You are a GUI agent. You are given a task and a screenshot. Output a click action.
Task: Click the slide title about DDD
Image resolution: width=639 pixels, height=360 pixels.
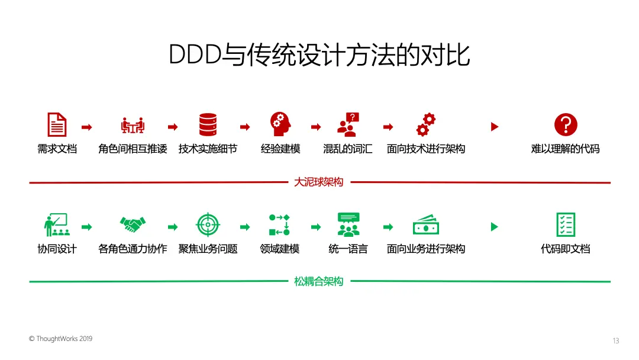coord(319,54)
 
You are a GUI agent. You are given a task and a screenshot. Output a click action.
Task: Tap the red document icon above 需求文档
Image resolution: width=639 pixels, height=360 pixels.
coord(57,125)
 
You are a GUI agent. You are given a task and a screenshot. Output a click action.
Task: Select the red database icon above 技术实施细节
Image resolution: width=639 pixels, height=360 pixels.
coord(208,125)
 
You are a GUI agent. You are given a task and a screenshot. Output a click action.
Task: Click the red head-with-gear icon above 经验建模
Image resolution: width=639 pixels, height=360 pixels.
coord(280,124)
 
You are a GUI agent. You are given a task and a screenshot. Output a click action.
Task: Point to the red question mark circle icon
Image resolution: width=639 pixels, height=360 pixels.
coord(565,125)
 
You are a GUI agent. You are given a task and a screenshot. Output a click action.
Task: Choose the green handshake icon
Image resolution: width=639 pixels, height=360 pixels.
coord(133,224)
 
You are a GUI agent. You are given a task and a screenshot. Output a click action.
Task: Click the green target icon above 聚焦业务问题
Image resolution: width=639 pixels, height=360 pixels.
coord(208,224)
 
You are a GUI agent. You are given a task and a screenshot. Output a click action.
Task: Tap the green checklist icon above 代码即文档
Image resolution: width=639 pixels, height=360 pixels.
coord(565,225)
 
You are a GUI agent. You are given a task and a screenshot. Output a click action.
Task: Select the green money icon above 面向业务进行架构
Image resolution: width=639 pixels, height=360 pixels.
coord(425,226)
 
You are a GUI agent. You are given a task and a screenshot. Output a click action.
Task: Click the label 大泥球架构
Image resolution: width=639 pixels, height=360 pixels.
coord(318,182)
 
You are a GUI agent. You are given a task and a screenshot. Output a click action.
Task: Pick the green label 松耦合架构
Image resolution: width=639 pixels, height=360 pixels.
coord(318,281)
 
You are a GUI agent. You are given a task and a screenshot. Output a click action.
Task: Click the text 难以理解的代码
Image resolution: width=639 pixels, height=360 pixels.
coord(565,149)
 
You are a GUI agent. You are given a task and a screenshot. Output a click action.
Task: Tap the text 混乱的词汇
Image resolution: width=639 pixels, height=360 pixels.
coord(347,149)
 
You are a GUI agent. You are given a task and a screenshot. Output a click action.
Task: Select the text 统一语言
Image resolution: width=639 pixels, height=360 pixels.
coord(348,249)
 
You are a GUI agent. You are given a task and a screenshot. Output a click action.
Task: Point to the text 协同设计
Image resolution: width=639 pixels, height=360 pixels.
coord(57,249)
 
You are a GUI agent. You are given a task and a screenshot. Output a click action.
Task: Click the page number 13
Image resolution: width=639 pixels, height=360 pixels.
coord(616,340)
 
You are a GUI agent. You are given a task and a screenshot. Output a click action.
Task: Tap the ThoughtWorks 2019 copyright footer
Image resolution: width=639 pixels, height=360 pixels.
coord(60,339)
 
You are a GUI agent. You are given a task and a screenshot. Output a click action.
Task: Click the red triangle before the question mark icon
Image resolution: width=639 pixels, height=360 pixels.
coord(495,127)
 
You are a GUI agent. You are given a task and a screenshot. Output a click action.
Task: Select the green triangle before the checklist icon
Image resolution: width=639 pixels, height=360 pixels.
coord(495,227)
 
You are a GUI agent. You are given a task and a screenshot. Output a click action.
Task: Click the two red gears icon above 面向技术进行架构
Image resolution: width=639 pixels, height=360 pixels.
coord(425,124)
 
